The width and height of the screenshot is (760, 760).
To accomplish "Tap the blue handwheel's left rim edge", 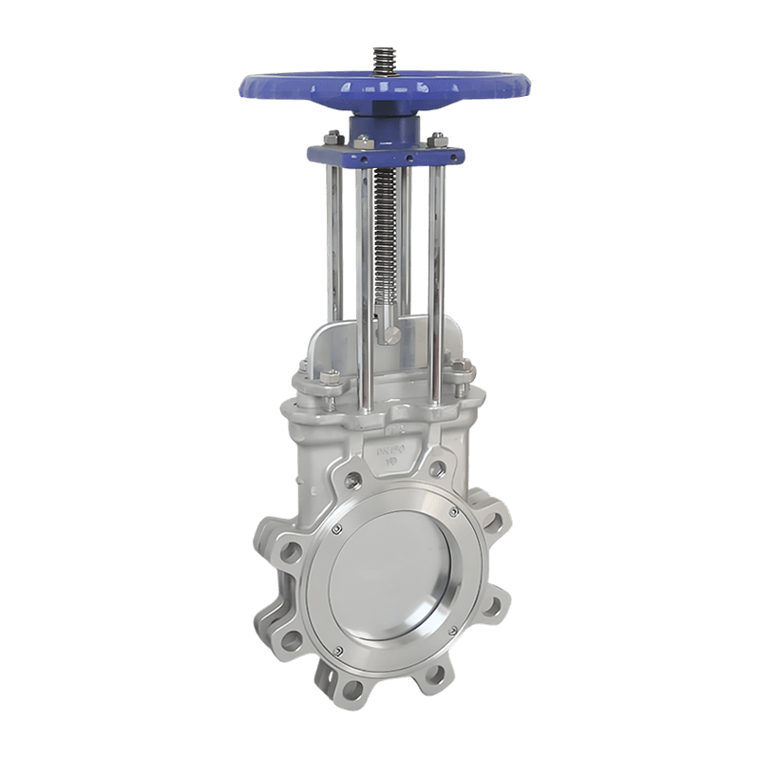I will [246, 86].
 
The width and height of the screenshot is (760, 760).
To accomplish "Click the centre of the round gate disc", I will [389, 579].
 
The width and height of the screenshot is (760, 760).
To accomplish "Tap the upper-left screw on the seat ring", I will [335, 528].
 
